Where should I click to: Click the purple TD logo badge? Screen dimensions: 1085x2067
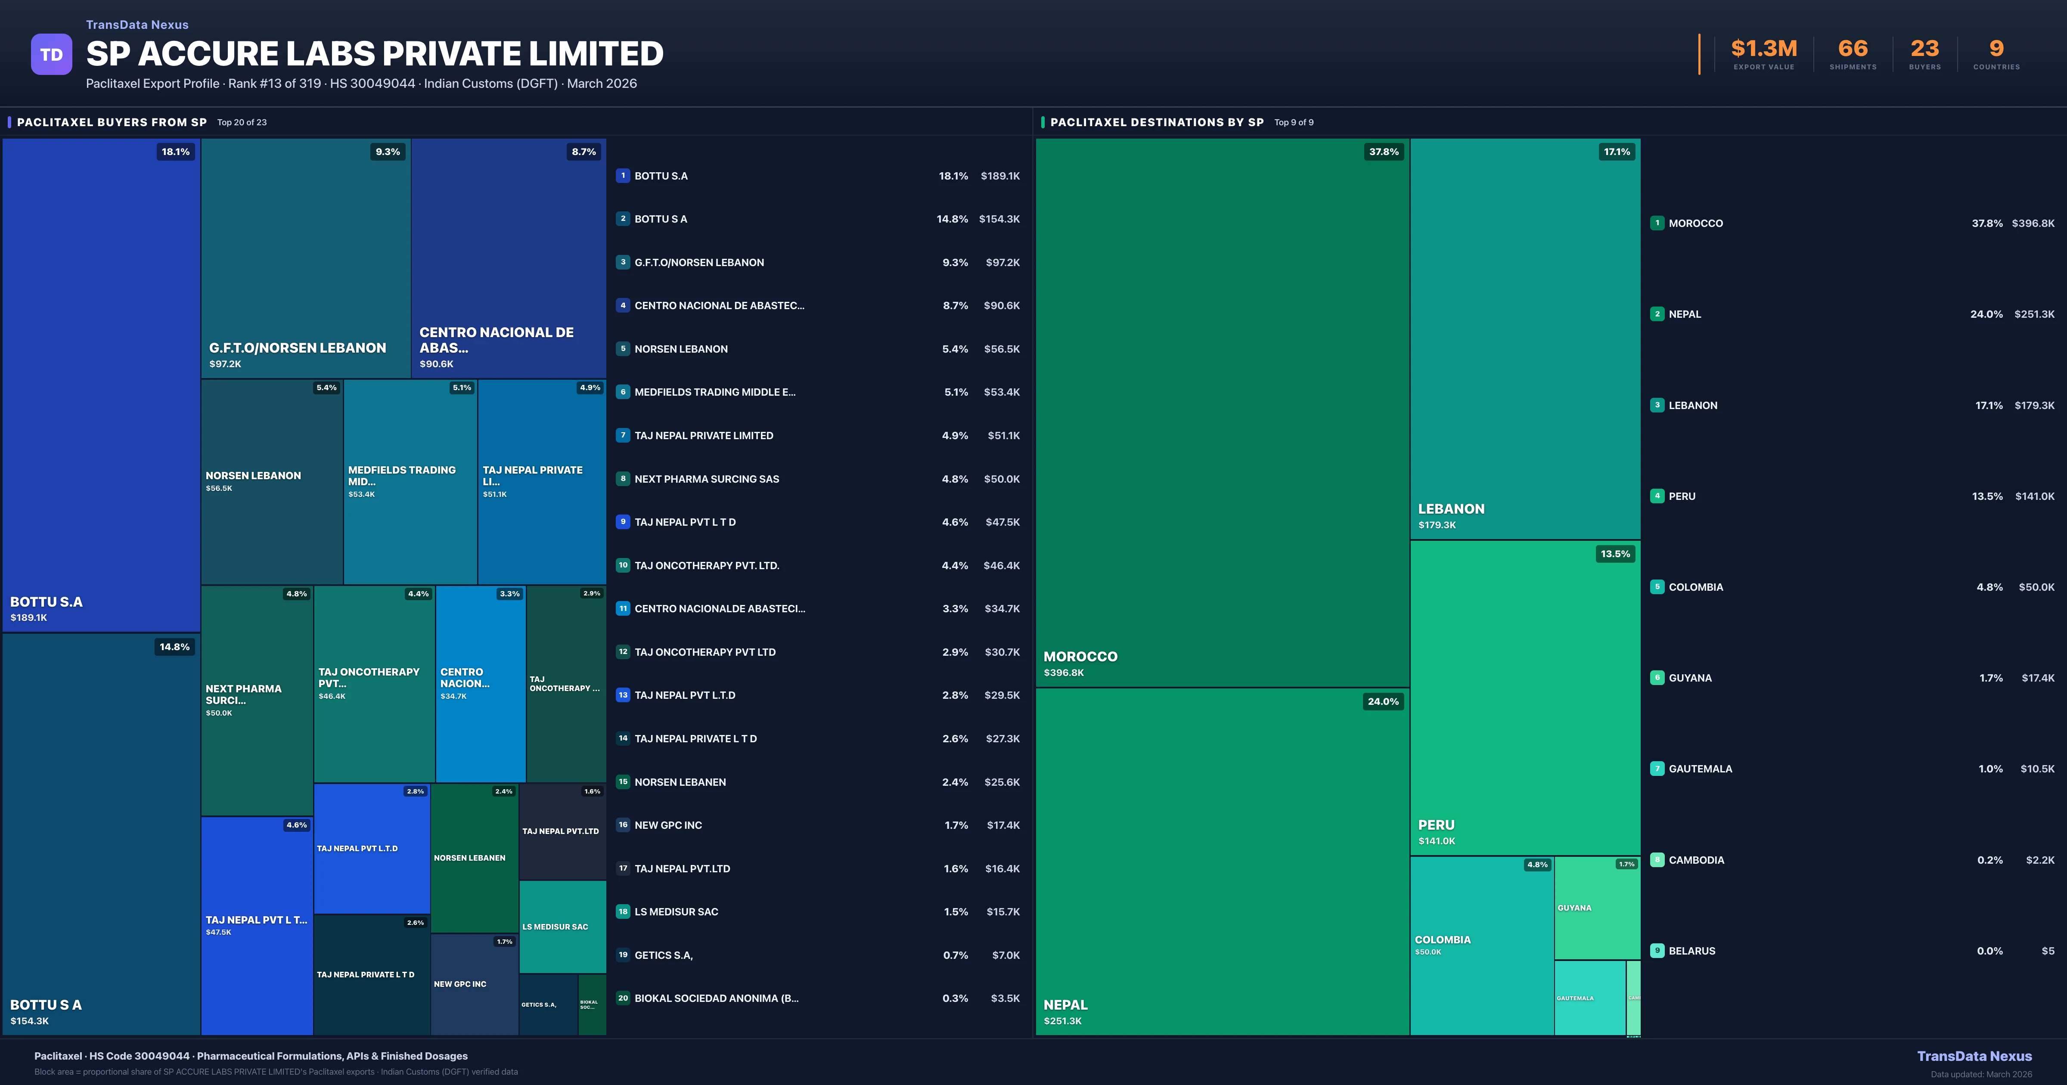pos(51,55)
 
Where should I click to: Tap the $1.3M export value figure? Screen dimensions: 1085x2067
pos(1764,49)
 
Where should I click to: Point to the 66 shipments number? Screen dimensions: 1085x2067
pos(1853,49)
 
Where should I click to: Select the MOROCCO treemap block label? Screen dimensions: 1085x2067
pos(1080,657)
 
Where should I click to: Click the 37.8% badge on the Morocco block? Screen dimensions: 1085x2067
pos(1383,152)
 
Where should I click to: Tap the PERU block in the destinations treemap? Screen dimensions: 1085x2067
pos(1524,698)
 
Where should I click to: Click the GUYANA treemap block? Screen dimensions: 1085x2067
pos(1597,908)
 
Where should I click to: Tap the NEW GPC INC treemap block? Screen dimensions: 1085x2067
pos(473,984)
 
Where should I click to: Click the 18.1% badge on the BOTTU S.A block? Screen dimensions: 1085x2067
pos(176,152)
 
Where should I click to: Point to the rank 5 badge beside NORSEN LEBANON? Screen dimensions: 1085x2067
pos(623,349)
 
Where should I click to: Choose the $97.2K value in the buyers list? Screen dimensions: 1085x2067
pos(1002,262)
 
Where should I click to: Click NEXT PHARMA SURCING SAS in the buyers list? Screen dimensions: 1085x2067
pos(706,479)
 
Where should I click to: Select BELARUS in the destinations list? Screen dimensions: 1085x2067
pos(1691,951)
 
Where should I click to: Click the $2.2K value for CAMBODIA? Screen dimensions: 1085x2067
pos(2040,860)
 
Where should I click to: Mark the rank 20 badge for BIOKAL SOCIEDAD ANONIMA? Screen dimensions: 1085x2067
pos(623,998)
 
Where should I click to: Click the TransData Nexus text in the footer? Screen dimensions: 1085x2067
pos(1974,1056)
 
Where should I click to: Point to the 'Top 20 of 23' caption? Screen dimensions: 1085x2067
pos(242,123)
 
